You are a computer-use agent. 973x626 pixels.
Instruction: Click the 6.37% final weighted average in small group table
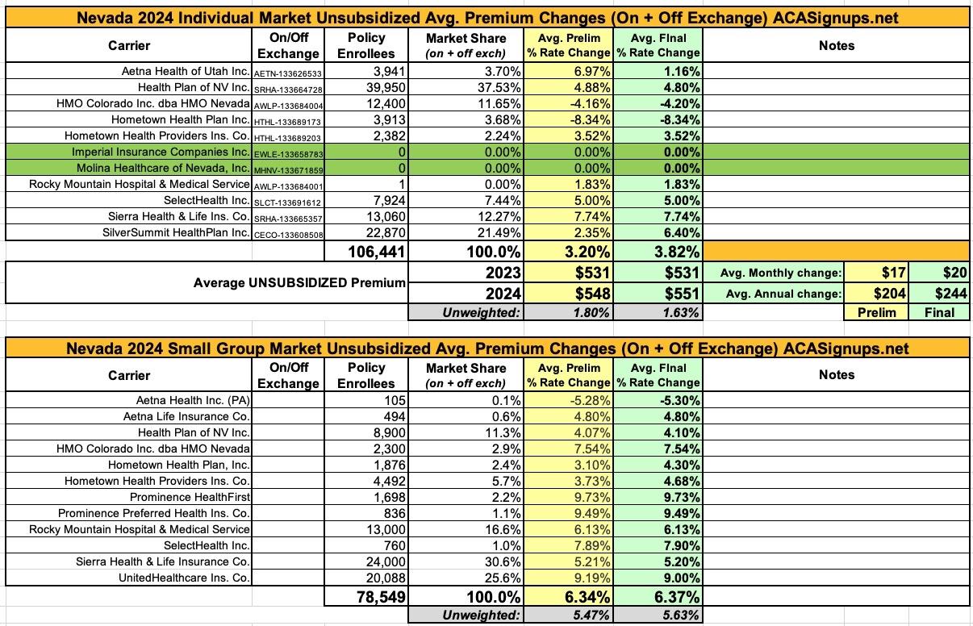(670, 597)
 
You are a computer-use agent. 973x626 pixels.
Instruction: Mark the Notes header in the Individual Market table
(836, 46)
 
